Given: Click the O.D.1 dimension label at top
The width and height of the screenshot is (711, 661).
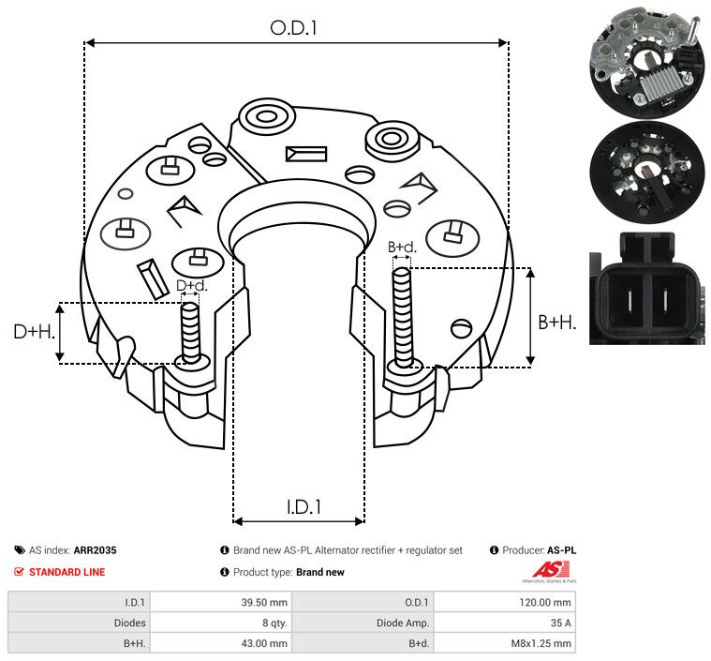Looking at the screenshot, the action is click(x=293, y=28).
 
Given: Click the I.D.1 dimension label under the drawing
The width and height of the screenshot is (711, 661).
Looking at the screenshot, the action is click(x=304, y=507).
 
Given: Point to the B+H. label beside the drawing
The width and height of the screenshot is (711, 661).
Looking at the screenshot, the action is click(x=557, y=323).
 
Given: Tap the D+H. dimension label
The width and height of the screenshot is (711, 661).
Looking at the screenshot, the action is click(x=34, y=332).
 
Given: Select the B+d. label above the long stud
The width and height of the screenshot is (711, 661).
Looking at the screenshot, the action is click(x=402, y=248).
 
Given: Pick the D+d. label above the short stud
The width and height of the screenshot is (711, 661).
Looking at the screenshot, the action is click(x=191, y=286).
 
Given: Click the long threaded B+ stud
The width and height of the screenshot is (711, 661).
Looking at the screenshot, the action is click(x=403, y=317).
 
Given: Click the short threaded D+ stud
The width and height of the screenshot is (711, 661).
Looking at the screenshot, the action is click(x=190, y=332).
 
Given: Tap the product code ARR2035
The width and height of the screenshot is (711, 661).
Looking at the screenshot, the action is click(x=96, y=550).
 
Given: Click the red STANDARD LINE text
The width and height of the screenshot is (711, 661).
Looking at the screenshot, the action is click(x=67, y=572).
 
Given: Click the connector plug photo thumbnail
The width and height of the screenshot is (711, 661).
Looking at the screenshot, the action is click(x=647, y=289).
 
